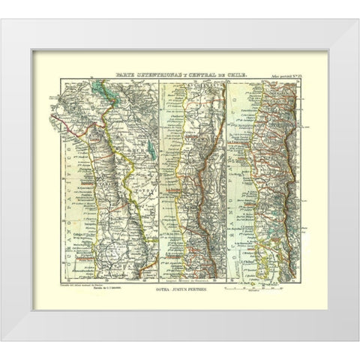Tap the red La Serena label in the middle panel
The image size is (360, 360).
click(171, 213)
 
